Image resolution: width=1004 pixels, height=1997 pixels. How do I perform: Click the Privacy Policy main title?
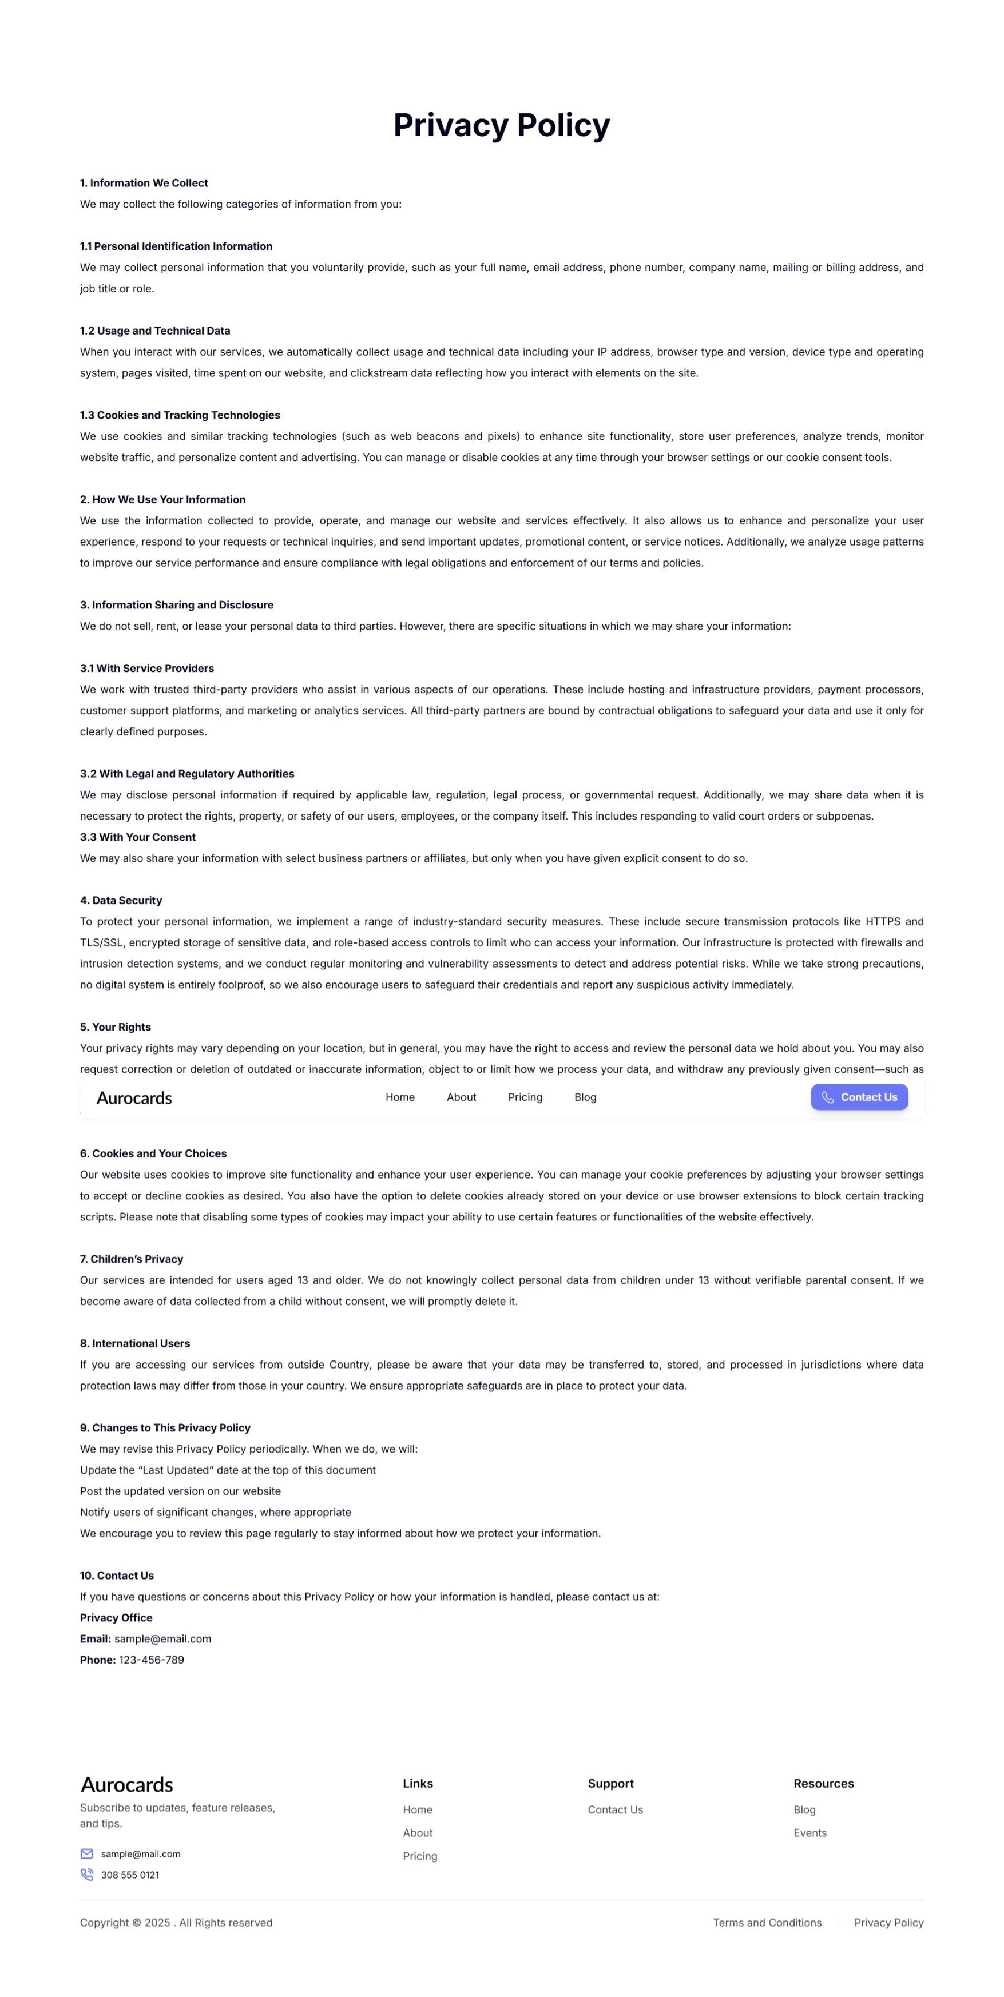(x=502, y=125)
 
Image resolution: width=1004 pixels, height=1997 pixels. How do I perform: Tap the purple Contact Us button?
(x=859, y=1097)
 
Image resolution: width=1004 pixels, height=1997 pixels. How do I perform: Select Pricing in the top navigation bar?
(x=525, y=1097)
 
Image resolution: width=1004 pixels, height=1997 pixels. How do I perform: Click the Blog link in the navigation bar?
(x=585, y=1097)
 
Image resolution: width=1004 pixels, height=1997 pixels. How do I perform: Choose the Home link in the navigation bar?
(x=400, y=1097)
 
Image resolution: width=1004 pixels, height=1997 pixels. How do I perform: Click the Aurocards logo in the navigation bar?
(x=134, y=1098)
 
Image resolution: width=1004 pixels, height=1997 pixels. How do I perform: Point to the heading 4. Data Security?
(x=121, y=900)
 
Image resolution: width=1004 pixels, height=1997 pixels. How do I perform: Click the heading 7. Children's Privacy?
(x=132, y=1259)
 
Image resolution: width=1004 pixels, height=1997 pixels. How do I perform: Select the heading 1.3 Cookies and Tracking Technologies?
(x=180, y=415)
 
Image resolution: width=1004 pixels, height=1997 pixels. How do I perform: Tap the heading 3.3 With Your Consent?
(x=138, y=837)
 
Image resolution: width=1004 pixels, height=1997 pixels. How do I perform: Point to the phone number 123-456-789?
(x=151, y=1660)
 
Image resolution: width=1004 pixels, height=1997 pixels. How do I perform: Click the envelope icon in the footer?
(x=87, y=1853)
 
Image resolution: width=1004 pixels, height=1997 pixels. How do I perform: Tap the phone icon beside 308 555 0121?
(x=87, y=1875)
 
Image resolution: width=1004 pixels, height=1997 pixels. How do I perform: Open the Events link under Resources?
(x=809, y=1833)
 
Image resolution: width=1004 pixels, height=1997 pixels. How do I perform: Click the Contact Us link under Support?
(x=615, y=1809)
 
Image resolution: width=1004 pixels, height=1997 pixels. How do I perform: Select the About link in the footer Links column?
(x=418, y=1833)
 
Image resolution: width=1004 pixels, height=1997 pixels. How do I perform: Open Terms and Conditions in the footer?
(x=767, y=1923)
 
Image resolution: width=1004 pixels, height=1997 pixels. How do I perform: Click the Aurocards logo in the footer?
(x=127, y=1785)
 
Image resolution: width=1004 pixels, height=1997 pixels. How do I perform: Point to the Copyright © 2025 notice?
(x=176, y=1923)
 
